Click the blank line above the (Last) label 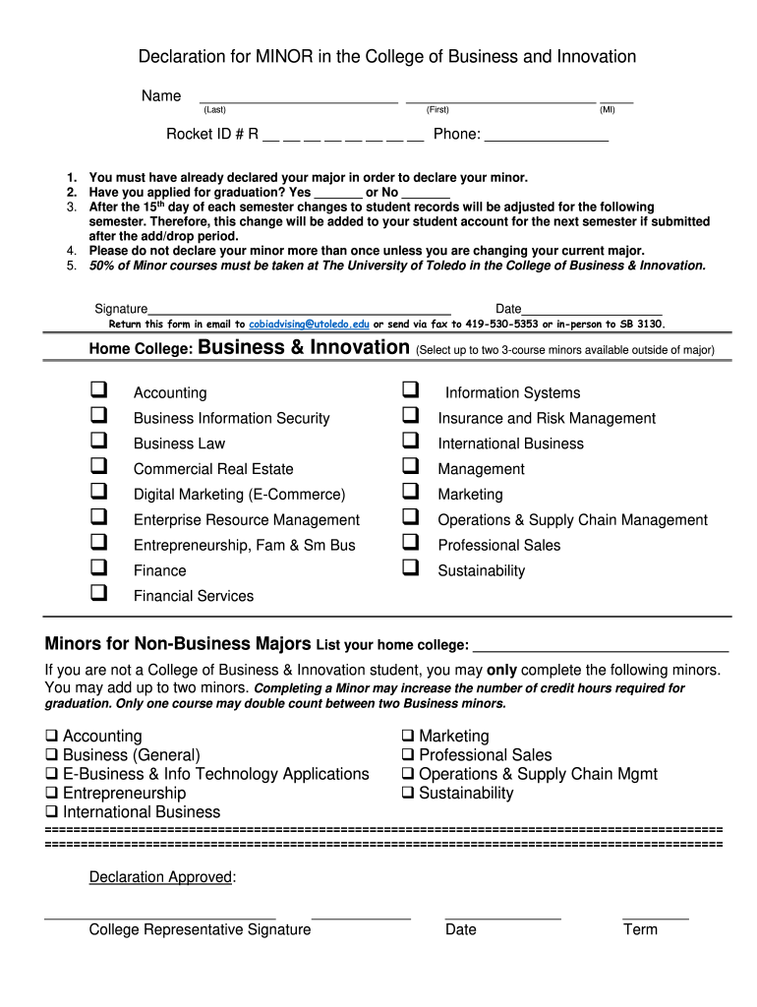298,99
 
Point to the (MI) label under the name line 608,110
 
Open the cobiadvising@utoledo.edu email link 309,324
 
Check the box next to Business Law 99,442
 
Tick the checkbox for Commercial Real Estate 99,467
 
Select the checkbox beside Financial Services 99,594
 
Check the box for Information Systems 411,390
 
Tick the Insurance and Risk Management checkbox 411,416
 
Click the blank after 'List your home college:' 601,647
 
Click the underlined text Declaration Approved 160,877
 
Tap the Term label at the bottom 640,929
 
